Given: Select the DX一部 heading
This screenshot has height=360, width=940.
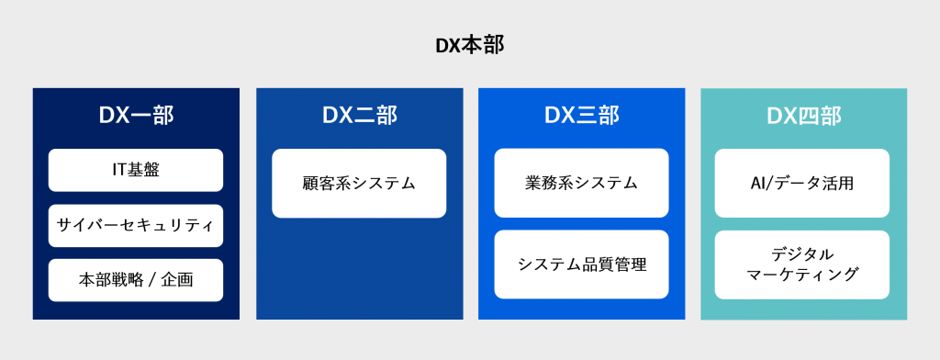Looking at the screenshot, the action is tap(136, 116).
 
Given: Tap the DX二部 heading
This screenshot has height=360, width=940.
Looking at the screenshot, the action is tap(359, 116).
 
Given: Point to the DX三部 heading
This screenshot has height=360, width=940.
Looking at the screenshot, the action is tap(581, 116).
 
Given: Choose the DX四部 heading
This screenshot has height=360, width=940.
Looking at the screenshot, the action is tap(803, 116).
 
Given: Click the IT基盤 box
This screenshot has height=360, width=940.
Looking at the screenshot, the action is tap(136, 170).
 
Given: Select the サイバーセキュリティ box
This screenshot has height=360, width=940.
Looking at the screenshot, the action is tap(136, 225).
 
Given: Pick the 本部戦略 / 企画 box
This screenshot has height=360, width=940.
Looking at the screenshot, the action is tap(136, 280).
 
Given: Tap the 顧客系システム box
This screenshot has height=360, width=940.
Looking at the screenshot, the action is tap(359, 183).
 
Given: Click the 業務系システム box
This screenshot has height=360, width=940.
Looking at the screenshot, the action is tap(581, 183).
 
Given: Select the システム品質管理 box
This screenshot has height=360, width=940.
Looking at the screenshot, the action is tap(581, 264).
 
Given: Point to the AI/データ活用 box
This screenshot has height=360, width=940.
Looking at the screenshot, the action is tap(802, 183).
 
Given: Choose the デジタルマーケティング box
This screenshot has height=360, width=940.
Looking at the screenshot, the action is tap(802, 264).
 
